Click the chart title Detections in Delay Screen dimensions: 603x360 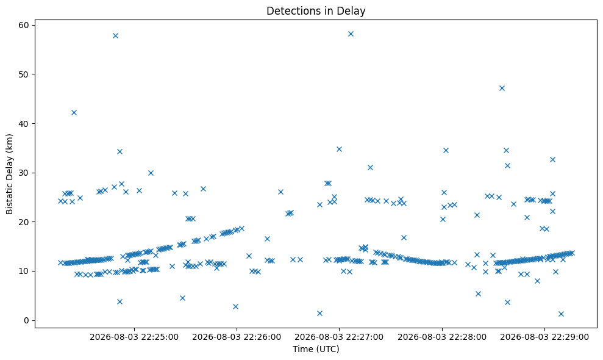[316, 11]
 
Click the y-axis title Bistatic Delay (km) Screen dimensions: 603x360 [9, 174]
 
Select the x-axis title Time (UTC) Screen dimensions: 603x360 [316, 349]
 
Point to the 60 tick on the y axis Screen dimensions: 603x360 [24, 25]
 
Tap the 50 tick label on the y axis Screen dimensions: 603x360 [24, 74]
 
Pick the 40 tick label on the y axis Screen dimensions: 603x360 [24, 124]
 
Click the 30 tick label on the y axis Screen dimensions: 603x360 [24, 173]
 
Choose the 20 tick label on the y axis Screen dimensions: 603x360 [24, 222]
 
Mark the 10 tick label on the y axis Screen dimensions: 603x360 [24, 272]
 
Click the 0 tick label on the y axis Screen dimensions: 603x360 [27, 321]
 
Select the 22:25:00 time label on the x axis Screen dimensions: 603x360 [134, 337]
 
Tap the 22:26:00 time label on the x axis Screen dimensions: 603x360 [237, 337]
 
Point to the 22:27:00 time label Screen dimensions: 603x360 [339, 337]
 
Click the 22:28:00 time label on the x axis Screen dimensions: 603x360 [442, 337]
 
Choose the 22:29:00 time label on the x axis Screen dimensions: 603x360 [544, 337]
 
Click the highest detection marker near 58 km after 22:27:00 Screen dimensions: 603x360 [351, 34]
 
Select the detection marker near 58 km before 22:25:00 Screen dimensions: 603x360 [115, 36]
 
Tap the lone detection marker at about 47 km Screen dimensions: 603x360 [502, 88]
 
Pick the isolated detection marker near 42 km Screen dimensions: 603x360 [74, 112]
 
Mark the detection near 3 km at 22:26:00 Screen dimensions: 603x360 [236, 306]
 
